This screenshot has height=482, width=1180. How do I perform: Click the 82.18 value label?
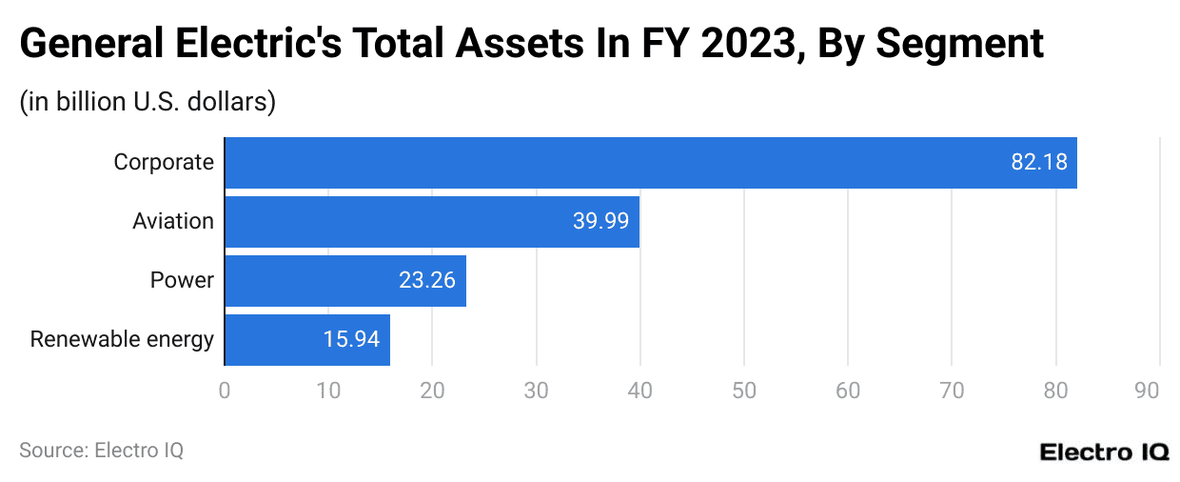(1038, 163)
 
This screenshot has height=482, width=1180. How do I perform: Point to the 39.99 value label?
(600, 222)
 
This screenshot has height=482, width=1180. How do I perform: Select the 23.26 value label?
(427, 281)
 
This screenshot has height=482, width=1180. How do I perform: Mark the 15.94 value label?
(351, 340)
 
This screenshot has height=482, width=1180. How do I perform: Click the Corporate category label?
(164, 163)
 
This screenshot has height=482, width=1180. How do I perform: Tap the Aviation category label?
(173, 222)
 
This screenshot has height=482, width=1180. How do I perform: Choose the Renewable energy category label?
(122, 340)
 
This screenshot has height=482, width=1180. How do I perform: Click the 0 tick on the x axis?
(225, 391)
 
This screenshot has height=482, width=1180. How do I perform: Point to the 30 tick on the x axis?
(536, 391)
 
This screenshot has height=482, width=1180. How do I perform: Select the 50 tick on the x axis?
(744, 391)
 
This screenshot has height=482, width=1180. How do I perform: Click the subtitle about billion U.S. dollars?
(147, 101)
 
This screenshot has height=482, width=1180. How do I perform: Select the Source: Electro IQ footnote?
(101, 451)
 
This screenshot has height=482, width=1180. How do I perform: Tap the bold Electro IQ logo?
(1104, 452)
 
